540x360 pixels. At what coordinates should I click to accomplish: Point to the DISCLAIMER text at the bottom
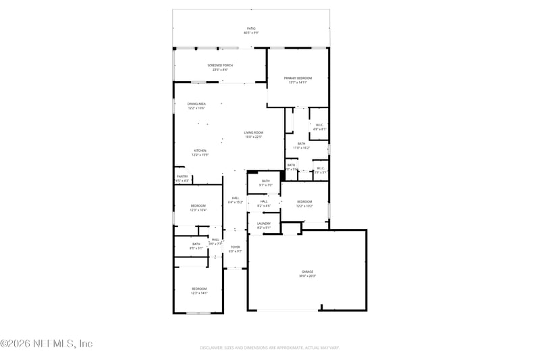click(269, 348)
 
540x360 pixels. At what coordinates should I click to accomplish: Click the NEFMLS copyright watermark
click(46, 344)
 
